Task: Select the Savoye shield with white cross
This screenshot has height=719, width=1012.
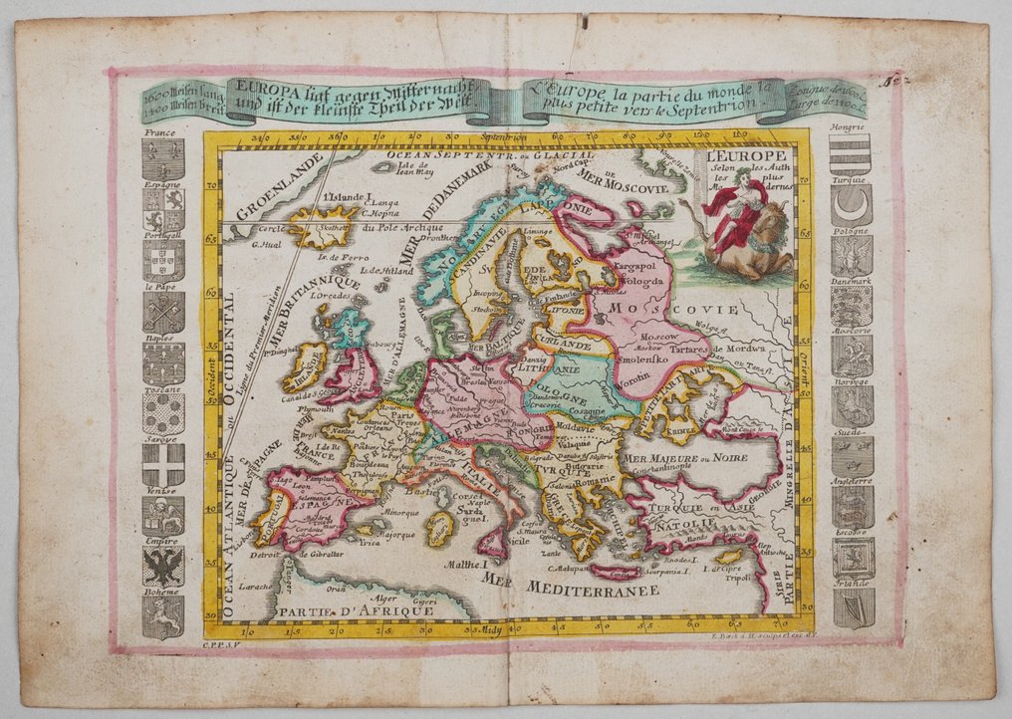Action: point(162,464)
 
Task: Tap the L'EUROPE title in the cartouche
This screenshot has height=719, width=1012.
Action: point(746,156)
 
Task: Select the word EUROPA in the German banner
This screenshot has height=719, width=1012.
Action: point(258,87)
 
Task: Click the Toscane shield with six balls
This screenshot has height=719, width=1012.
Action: point(162,413)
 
